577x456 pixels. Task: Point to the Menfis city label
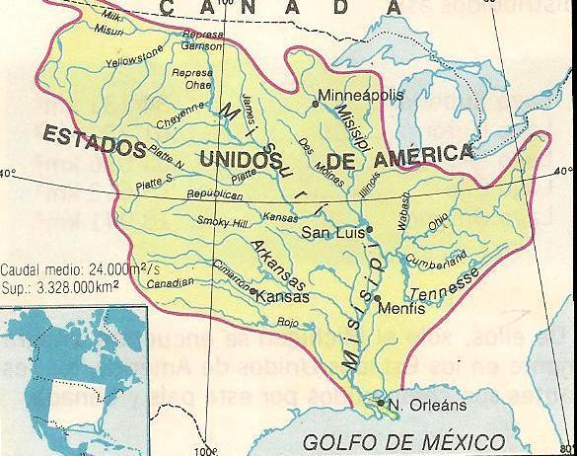click(403, 308)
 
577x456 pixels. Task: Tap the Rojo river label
click(288, 321)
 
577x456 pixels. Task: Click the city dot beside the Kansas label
click(253, 292)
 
